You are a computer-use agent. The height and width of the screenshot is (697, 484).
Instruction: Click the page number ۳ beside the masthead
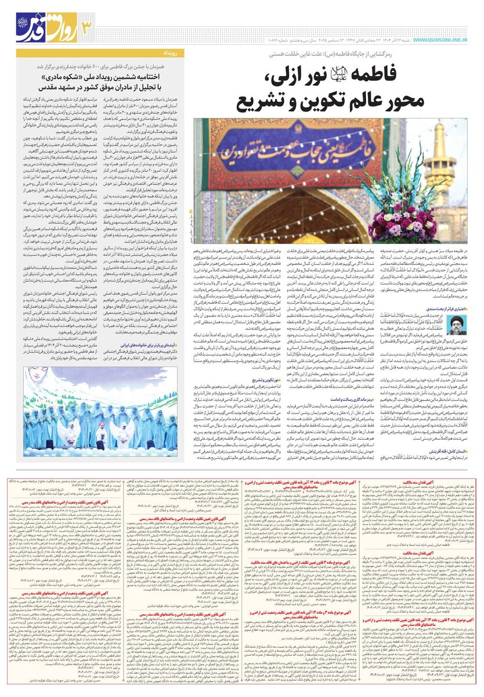click(x=86, y=26)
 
